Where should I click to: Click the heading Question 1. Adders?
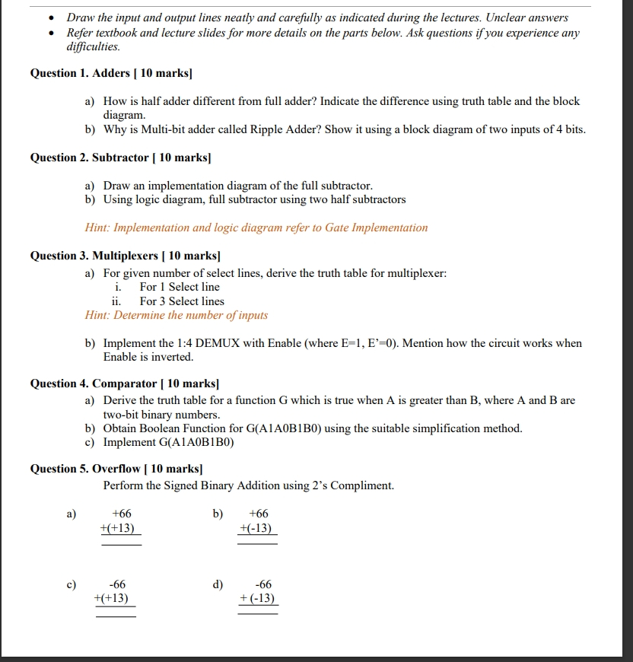coord(111,74)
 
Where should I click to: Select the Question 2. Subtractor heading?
coord(120,158)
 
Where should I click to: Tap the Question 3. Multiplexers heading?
coord(125,256)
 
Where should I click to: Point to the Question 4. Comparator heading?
coord(124,384)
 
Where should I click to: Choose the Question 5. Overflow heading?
coord(116,469)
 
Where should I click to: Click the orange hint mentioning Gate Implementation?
coord(256,228)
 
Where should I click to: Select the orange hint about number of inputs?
coord(177,315)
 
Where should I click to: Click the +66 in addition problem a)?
coord(122,514)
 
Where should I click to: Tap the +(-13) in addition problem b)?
coord(256,529)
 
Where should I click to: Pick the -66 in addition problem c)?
coord(117,584)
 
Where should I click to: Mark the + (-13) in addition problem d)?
coord(257,599)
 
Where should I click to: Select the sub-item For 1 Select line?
coord(180,287)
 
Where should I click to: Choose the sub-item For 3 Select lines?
coord(182,301)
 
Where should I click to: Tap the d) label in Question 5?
coord(218,584)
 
